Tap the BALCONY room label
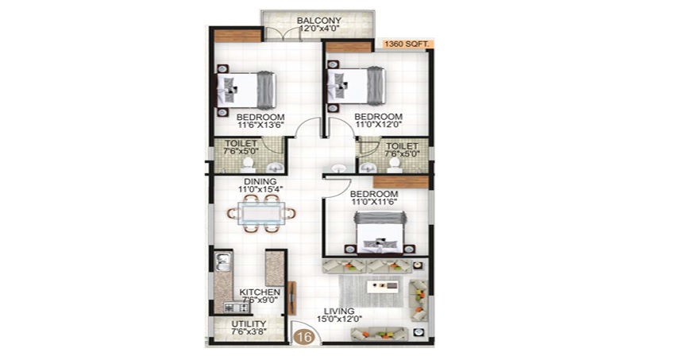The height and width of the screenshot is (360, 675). (x=319, y=21)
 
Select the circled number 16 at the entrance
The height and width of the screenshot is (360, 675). (x=304, y=337)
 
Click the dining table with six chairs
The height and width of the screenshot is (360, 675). (x=262, y=213)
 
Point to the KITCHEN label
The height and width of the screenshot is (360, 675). (x=260, y=292)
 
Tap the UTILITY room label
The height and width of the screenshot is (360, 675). (x=249, y=323)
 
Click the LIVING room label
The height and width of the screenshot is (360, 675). (x=339, y=311)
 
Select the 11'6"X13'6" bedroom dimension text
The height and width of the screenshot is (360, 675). (x=260, y=126)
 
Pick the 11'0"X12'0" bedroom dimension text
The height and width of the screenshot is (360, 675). (x=378, y=125)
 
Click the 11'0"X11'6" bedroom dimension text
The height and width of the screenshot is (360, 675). (x=374, y=202)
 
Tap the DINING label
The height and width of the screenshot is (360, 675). (x=260, y=182)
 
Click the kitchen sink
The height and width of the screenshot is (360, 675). (x=223, y=261)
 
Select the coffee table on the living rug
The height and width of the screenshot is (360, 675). (x=383, y=286)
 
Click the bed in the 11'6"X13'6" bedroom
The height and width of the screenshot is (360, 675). (x=246, y=91)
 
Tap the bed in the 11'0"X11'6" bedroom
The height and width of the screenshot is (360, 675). (x=380, y=233)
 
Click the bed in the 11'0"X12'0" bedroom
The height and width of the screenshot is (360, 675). (x=356, y=86)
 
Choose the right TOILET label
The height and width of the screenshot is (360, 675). (x=402, y=146)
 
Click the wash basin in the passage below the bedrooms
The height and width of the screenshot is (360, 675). (x=340, y=168)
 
